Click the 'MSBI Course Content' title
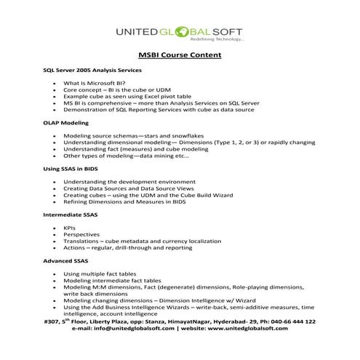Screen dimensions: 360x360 180,55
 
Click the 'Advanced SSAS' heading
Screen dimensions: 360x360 65,260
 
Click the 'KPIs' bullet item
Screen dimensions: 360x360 70,228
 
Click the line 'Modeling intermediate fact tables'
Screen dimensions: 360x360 111,280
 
